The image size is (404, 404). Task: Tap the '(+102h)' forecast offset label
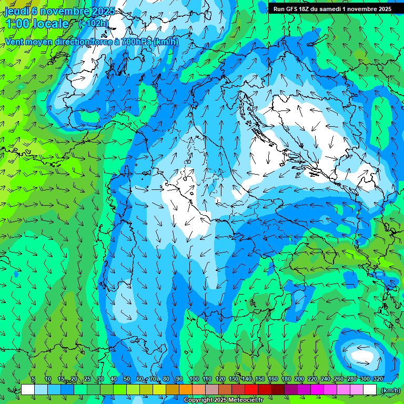tap(94, 23)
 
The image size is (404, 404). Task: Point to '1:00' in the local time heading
tap(17, 24)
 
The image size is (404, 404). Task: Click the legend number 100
tap(194, 379)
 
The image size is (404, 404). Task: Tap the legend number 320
tap(378, 379)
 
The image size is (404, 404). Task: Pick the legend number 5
tap(33, 379)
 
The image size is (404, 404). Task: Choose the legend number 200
tap(299, 379)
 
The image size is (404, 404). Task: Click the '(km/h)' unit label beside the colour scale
tap(391, 390)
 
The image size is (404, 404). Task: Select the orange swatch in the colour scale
tap(186, 390)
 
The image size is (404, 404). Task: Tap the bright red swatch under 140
tap(251, 390)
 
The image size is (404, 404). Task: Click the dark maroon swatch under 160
tap(278, 390)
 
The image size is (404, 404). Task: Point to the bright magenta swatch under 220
tap(317, 390)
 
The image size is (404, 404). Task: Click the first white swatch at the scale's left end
tap(28, 390)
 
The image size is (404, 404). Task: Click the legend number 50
tap(127, 379)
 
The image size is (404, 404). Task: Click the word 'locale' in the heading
tap(51, 24)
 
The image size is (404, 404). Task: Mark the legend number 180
tap(286, 379)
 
